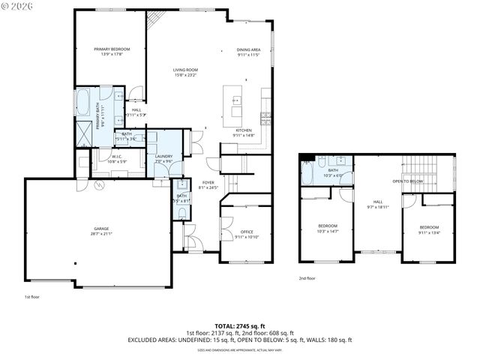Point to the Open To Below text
407,181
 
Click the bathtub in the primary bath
83,101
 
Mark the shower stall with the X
83,134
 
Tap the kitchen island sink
236,112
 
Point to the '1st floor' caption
31,297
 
